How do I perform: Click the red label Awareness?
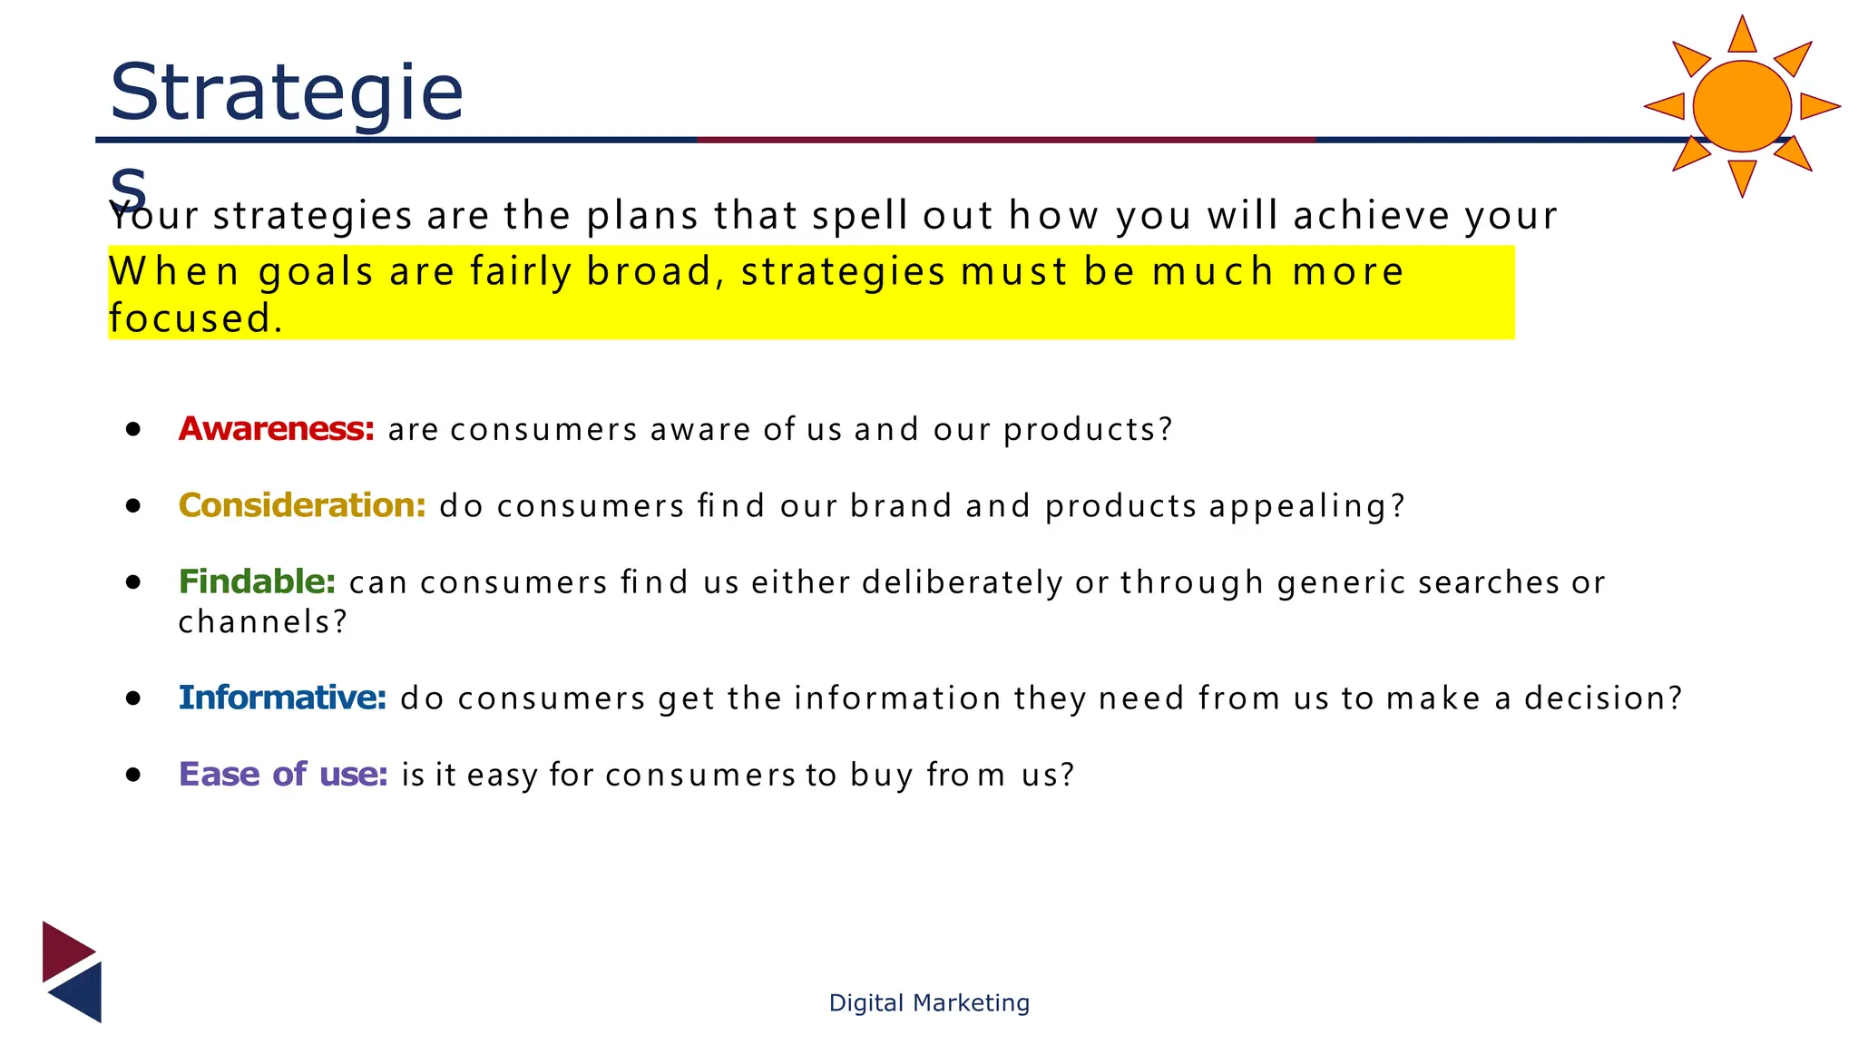[276, 428]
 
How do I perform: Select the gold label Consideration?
[302, 505]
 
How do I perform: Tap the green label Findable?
[257, 581]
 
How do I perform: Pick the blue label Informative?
[282, 698]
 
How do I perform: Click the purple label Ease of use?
[283, 775]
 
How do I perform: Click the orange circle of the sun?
[1741, 106]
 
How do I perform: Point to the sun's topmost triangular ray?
[1742, 37]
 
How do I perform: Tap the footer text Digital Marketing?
[929, 1002]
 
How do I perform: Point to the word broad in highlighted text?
[650, 272]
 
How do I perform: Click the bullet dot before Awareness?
[134, 429]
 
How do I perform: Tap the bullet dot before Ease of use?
[134, 775]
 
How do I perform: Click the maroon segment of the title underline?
[1005, 140]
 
